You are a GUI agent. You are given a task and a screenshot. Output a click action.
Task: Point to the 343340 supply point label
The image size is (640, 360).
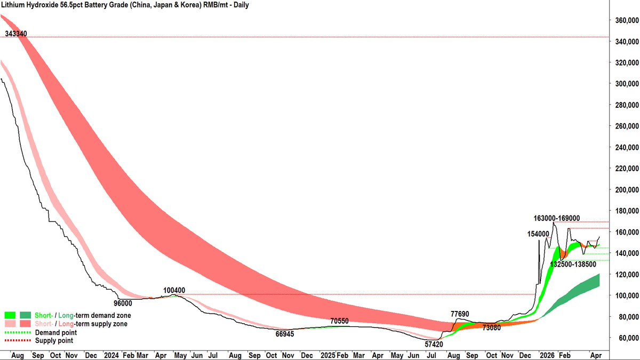click(x=16, y=34)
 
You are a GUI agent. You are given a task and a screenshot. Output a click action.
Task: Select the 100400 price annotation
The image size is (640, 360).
click(x=174, y=291)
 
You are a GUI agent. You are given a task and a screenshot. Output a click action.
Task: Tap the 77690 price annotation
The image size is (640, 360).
click(x=460, y=314)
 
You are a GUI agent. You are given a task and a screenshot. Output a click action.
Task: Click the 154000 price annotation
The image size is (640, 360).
click(x=538, y=234)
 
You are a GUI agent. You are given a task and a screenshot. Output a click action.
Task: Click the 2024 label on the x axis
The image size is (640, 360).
click(x=111, y=354)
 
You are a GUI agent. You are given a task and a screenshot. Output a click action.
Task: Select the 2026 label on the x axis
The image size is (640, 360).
click(x=547, y=354)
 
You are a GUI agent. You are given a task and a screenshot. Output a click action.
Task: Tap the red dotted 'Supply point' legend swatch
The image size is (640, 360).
click(x=17, y=340)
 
